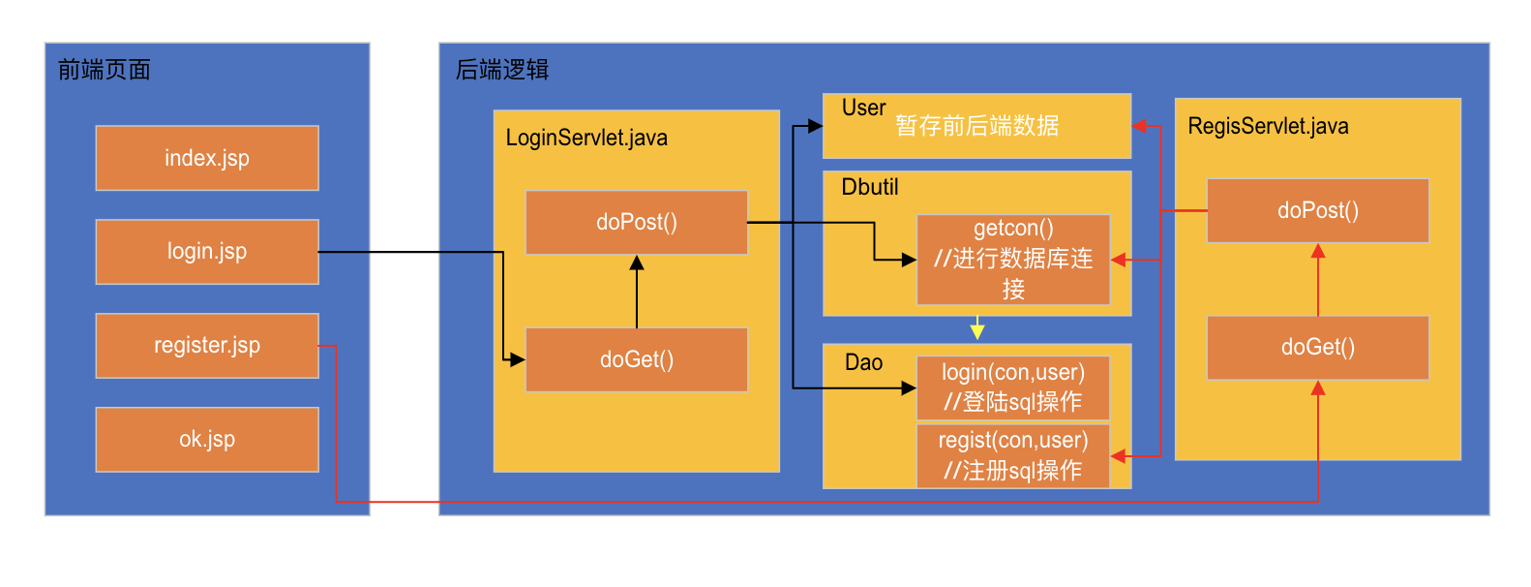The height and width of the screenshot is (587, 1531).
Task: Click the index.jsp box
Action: tap(207, 158)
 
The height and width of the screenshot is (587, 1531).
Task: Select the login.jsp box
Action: tap(207, 252)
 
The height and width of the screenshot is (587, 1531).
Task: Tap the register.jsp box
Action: tap(207, 346)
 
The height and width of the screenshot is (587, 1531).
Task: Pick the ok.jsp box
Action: tap(207, 440)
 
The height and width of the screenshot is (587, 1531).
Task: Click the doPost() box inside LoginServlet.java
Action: tap(636, 223)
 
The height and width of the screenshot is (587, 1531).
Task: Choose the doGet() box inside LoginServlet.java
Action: tap(636, 359)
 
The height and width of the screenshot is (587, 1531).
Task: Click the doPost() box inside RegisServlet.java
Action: tap(1317, 210)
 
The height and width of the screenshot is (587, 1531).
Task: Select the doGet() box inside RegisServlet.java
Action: tap(1317, 347)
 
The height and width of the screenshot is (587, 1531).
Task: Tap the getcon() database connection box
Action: tap(1012, 260)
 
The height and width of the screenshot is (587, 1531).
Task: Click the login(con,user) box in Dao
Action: tap(1012, 387)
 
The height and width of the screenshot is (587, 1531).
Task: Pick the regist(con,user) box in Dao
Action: tap(1012, 456)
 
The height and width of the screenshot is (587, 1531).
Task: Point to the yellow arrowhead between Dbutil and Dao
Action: tap(977, 331)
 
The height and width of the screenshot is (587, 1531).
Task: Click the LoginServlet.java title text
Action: tap(586, 138)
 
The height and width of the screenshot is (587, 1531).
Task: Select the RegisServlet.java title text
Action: tap(1268, 127)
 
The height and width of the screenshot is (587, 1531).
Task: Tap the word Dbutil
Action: tap(869, 187)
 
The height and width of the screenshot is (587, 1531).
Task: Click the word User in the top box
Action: tap(863, 108)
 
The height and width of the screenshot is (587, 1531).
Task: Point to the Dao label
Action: tap(863, 362)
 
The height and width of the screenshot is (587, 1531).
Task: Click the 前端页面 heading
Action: tap(104, 70)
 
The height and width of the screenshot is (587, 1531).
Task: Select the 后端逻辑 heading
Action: tap(501, 70)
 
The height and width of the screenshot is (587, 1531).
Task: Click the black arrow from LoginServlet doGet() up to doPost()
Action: tap(637, 292)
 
